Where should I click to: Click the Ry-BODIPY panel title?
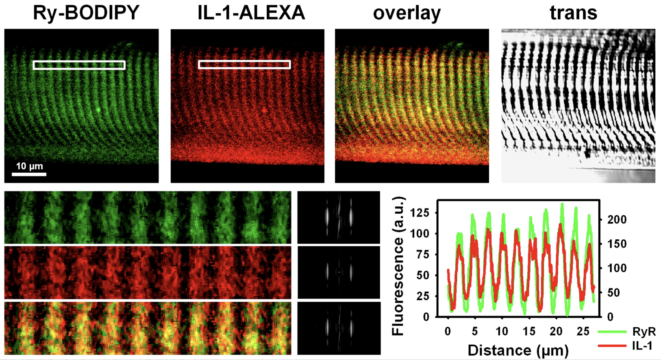click(86, 13)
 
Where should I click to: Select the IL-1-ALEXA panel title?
click(251, 13)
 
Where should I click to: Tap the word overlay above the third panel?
click(407, 13)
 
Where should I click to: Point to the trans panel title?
click(574, 13)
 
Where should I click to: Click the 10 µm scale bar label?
click(29, 166)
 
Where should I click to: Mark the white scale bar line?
click(29, 174)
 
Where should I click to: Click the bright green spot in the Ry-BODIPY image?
click(98, 110)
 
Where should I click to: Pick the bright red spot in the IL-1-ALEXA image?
click(264, 110)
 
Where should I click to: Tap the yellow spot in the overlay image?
click(429, 110)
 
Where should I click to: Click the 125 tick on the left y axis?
click(420, 213)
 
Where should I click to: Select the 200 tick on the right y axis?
click(617, 219)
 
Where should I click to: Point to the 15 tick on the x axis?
click(529, 332)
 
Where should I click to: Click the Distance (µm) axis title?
click(518, 350)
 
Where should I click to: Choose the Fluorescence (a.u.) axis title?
click(398, 266)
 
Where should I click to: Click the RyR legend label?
click(644, 332)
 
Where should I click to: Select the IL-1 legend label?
click(642, 346)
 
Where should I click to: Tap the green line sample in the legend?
click(612, 332)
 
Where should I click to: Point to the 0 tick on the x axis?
click(448, 332)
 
